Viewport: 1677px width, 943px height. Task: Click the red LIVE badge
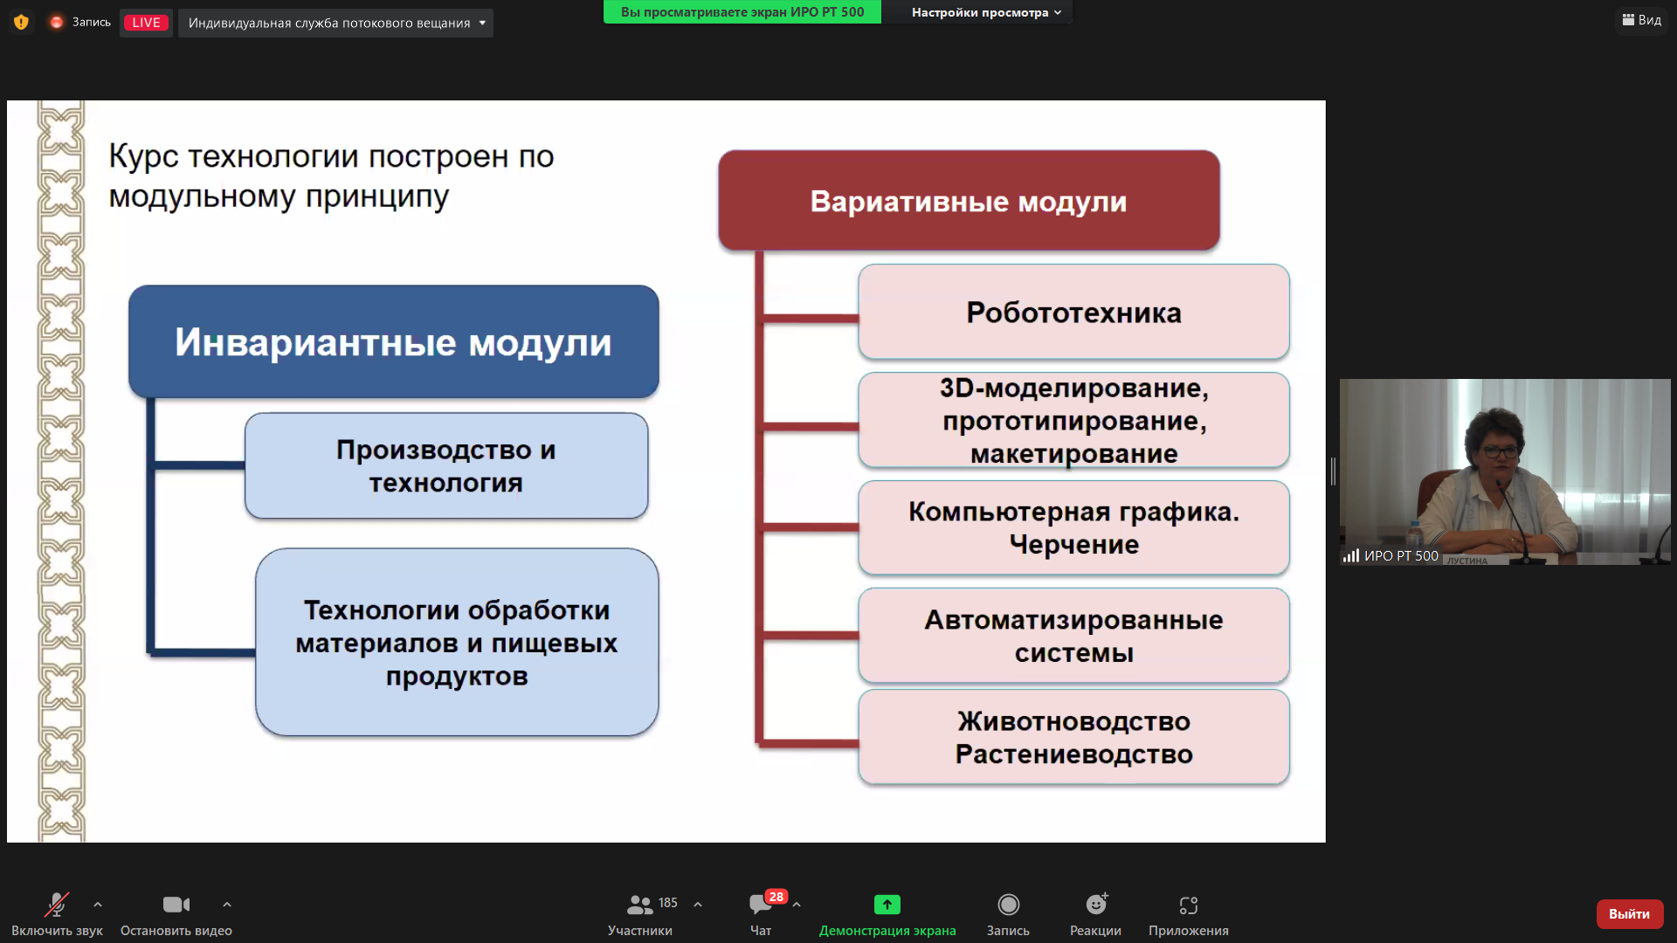[146, 23]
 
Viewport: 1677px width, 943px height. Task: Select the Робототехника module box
[1073, 312]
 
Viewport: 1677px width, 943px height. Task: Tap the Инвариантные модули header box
[393, 341]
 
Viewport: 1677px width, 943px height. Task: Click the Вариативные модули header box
[969, 201]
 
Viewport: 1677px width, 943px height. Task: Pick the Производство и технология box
[446, 465]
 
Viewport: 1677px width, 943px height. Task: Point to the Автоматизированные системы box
[1073, 636]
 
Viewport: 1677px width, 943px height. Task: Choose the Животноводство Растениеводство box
[1073, 737]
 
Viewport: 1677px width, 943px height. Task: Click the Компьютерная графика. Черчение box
[1073, 527]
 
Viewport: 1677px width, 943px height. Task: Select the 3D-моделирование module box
[1073, 420]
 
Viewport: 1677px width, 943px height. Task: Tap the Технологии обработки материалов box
[457, 642]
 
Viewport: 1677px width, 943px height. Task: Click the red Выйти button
[1629, 913]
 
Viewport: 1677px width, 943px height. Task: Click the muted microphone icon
[57, 905]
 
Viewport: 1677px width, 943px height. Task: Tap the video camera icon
[176, 905]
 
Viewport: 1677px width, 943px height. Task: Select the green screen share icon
[887, 905]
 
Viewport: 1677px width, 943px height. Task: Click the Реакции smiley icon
[1096, 904]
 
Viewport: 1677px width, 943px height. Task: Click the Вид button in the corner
[1642, 20]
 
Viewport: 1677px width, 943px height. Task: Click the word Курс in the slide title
[143, 156]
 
